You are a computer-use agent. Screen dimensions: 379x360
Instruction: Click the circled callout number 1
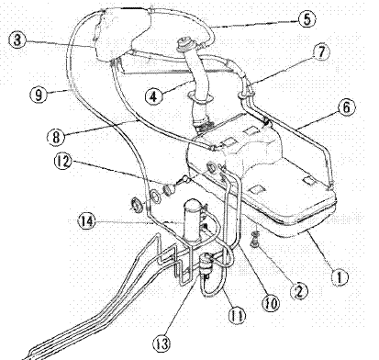point(340,277)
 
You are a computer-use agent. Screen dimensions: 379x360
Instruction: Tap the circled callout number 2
point(299,290)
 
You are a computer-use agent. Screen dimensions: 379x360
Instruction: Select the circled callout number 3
point(17,39)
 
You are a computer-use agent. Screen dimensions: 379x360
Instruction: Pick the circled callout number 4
point(153,96)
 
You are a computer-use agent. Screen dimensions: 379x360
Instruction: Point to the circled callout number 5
point(307,19)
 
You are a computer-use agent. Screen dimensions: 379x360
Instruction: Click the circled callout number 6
point(346,107)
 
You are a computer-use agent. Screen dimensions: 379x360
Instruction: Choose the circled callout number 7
point(321,51)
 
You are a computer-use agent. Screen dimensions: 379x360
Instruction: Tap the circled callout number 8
point(56,137)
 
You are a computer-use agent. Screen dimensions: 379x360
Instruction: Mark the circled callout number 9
point(39,95)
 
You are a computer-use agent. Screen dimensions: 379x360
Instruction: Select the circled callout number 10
point(272,303)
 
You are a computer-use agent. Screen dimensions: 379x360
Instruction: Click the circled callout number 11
point(238,315)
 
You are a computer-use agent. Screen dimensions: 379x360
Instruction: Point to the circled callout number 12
point(62,162)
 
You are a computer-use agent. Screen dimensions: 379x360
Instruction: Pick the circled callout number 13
point(162,343)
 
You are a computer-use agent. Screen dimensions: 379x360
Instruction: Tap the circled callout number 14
point(87,221)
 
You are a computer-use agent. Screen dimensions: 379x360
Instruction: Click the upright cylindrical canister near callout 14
point(193,219)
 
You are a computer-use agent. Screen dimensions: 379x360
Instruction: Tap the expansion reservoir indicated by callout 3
point(122,34)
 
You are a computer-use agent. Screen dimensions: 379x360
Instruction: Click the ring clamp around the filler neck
point(200,97)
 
